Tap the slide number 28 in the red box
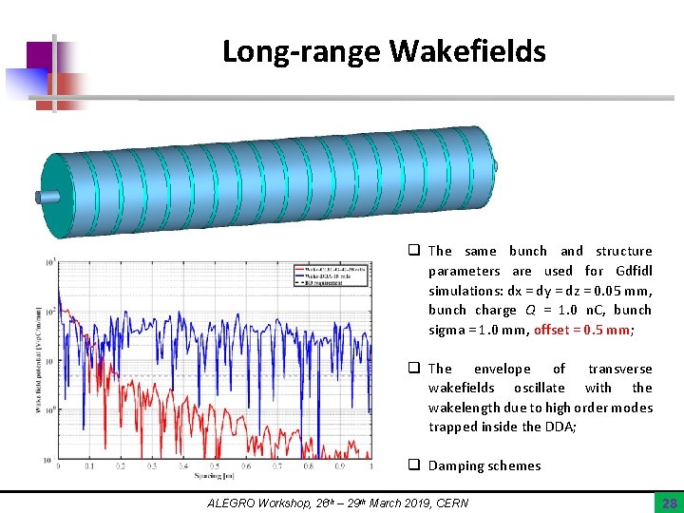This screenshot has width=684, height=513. pos(669,501)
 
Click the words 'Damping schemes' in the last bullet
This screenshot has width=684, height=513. pos(484,465)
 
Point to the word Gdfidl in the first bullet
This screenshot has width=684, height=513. pos(632,271)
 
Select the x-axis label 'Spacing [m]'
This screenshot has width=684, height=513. pos(215,475)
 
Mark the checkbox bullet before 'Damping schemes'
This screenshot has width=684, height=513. pos(414,465)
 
